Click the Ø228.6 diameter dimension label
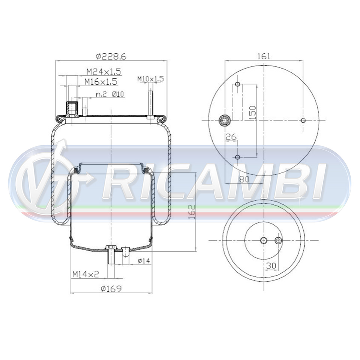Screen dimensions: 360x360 pyautogui.click(x=111, y=57)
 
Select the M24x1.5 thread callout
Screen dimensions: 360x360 pyautogui.click(x=103, y=72)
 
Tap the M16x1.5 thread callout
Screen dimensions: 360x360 pyautogui.click(x=101, y=81)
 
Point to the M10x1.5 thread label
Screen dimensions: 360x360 pyautogui.click(x=151, y=79)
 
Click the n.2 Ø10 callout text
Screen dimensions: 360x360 pyautogui.click(x=110, y=94)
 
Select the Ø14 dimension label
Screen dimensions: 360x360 pyautogui.click(x=144, y=261)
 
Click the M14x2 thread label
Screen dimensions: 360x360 pyautogui.click(x=85, y=274)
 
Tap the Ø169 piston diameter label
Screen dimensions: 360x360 pyautogui.click(x=111, y=289)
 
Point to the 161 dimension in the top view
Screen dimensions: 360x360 pyautogui.click(x=264, y=56)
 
